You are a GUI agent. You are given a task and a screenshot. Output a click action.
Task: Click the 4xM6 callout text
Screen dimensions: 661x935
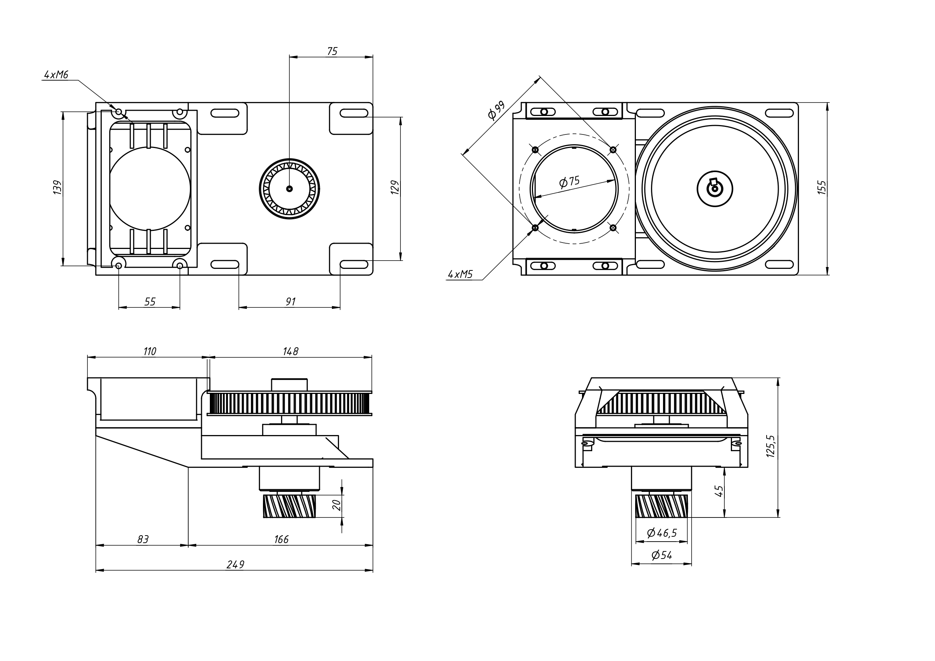pos(56,75)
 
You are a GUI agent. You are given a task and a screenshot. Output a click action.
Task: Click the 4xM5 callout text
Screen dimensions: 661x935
pos(460,274)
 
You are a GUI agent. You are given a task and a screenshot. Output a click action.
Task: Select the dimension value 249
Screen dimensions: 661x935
pos(235,565)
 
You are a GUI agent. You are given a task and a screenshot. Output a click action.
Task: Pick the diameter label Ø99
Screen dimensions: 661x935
pos(497,110)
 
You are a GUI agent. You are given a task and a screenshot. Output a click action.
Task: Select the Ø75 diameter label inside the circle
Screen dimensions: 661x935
pos(569,182)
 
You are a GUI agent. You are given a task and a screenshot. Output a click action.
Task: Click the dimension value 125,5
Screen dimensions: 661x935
pos(770,446)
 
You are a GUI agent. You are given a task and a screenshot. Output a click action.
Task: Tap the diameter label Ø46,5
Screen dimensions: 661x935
pos(662,533)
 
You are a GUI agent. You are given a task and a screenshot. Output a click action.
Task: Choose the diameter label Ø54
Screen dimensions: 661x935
pos(662,555)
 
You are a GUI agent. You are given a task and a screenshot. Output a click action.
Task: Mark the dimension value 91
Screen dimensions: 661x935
pos(290,301)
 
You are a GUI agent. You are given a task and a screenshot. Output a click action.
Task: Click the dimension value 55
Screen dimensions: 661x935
pos(150,301)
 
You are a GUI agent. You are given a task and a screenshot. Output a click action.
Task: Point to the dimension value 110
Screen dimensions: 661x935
pos(150,351)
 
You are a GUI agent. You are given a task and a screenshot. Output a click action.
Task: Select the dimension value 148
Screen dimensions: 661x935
pos(290,351)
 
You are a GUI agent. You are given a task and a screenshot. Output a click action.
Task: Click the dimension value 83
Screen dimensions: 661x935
pos(142,539)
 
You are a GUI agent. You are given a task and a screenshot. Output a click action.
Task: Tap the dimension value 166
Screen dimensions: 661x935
pos(281,539)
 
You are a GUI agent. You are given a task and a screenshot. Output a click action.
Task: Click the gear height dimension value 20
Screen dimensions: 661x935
pos(336,505)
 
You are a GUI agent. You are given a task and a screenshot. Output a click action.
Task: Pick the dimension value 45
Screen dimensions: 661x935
pos(719,491)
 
